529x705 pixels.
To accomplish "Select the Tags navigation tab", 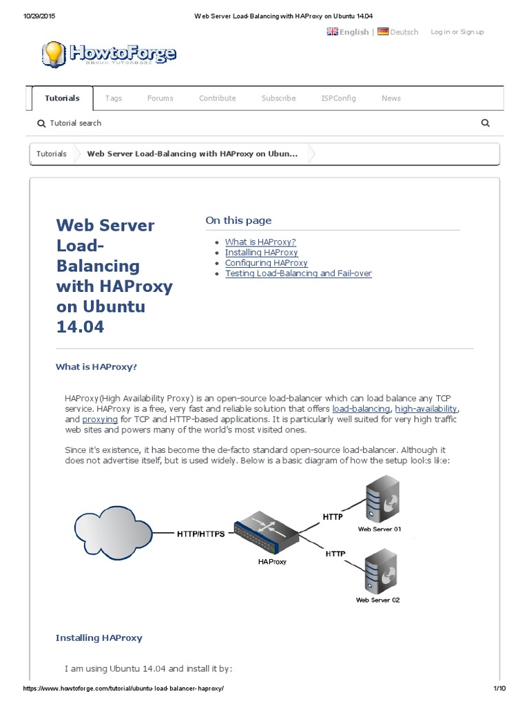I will (x=114, y=98).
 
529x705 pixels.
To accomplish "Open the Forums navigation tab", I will (x=160, y=98).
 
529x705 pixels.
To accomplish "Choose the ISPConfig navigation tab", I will (x=338, y=98).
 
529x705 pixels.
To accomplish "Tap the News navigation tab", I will (x=391, y=98).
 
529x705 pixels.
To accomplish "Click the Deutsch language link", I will (x=403, y=32).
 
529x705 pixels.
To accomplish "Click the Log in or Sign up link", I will (x=457, y=32).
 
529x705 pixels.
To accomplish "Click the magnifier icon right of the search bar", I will (x=485, y=123).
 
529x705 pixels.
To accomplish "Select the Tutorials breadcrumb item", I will (x=52, y=154).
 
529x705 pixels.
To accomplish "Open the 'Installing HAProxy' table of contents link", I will (x=261, y=253).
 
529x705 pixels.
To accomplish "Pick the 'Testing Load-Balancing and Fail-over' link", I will (x=298, y=273).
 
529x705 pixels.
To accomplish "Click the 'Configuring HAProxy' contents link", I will (x=266, y=263).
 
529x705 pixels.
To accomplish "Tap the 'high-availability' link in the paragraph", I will (x=426, y=409).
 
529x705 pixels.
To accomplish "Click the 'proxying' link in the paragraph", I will (x=100, y=419).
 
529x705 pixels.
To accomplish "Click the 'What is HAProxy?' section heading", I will (x=96, y=367).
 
